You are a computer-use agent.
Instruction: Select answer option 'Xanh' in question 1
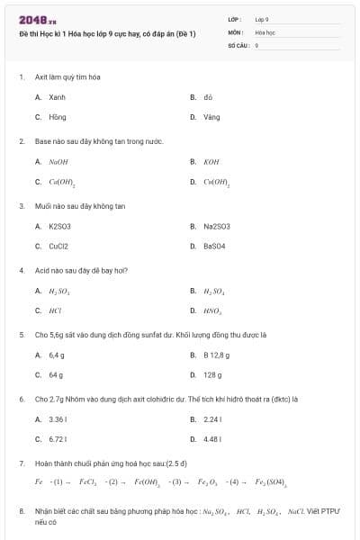click(x=57, y=97)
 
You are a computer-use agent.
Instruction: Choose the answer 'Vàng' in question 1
click(x=211, y=117)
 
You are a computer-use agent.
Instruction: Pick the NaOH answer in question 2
click(x=58, y=162)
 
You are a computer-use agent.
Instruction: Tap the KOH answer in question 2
click(x=211, y=162)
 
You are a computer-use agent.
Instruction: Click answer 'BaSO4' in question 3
click(x=214, y=246)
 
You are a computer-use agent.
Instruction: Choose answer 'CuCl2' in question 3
click(x=58, y=246)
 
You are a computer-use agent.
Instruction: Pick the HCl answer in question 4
click(x=56, y=310)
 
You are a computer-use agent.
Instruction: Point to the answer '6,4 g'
click(x=57, y=355)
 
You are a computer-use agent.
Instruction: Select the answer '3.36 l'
click(x=58, y=419)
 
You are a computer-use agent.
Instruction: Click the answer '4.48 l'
click(x=212, y=439)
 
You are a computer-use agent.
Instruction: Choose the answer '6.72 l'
click(x=58, y=439)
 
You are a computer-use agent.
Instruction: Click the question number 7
click(x=21, y=463)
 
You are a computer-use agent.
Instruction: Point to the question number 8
click(x=21, y=510)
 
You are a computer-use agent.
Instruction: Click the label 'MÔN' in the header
click(x=235, y=31)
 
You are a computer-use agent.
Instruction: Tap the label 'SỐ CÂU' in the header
click(x=238, y=44)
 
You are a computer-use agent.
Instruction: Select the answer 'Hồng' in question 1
click(x=57, y=117)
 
